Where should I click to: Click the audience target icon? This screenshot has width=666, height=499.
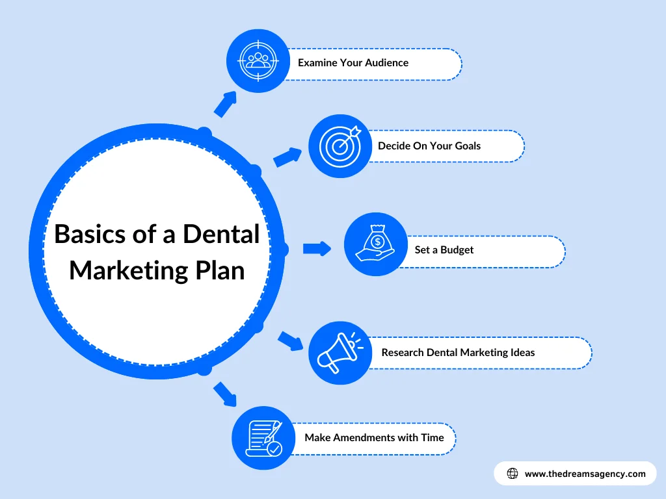(258, 60)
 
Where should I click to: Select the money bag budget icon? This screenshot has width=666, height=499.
(375, 244)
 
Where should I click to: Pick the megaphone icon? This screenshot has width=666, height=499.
(340, 353)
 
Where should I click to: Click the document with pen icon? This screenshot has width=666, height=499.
(264, 437)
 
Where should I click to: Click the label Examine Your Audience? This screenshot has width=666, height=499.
(353, 63)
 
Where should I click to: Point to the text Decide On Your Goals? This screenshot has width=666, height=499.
(429, 146)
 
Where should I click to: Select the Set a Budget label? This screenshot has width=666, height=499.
(444, 249)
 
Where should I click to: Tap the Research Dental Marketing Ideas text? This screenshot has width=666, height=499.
(458, 352)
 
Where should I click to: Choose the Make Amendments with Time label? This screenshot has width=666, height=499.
(374, 437)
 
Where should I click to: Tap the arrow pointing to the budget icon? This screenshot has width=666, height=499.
(317, 248)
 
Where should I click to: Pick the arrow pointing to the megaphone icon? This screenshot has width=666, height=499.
(290, 341)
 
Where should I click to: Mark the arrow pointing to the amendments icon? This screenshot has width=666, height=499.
(225, 394)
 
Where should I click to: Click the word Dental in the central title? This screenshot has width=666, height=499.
(220, 234)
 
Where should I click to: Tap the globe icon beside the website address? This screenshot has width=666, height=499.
(512, 474)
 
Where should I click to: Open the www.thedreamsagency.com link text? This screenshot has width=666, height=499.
(585, 474)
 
